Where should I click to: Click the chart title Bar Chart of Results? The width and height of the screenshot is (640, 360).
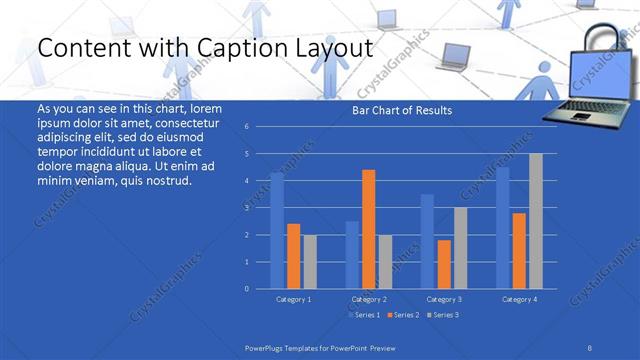coord(401,110)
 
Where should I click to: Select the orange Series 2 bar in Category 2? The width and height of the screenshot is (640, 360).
coord(369,229)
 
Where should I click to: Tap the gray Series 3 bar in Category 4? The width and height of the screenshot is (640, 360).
coord(536,221)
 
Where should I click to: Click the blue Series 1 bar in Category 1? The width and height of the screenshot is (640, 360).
coord(277,231)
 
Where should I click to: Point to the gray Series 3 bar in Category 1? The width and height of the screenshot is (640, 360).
coord(310,261)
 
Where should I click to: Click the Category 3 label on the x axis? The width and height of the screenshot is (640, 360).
coord(444,299)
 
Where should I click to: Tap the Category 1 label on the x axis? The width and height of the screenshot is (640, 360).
coord(293,299)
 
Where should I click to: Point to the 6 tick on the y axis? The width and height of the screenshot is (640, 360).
coord(246,127)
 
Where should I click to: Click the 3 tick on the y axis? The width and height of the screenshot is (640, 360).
coord(246,208)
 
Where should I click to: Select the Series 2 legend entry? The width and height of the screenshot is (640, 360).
coord(402,315)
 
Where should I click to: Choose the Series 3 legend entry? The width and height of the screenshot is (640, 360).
coord(442,315)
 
